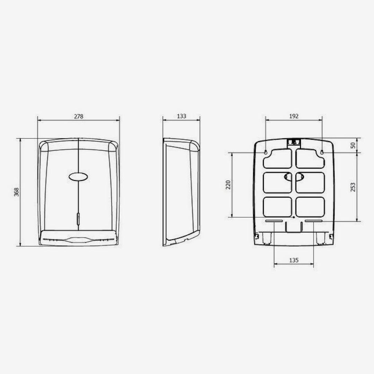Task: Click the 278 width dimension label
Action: pos(79,117)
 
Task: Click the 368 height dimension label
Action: pos(16,192)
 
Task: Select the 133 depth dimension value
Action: pos(181,116)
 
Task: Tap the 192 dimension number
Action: pos(294,116)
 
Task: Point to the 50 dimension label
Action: pos(353,145)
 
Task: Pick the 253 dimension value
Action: pos(353,187)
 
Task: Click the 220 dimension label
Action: pos(228,185)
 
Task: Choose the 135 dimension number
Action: pos(294,260)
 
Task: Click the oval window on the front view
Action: pos(78,177)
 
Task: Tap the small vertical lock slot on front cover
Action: pos(78,219)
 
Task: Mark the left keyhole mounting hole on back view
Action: pos(266,152)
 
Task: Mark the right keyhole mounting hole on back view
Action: pos(322,152)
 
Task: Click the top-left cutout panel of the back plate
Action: pos(277,158)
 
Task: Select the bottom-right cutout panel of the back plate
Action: pos(310,207)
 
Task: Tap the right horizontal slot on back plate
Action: pos(314,221)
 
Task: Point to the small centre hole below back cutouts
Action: pos(294,217)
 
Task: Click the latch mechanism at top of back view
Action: pos(294,142)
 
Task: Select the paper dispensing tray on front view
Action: pos(79,238)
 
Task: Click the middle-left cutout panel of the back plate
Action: pos(277,183)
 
